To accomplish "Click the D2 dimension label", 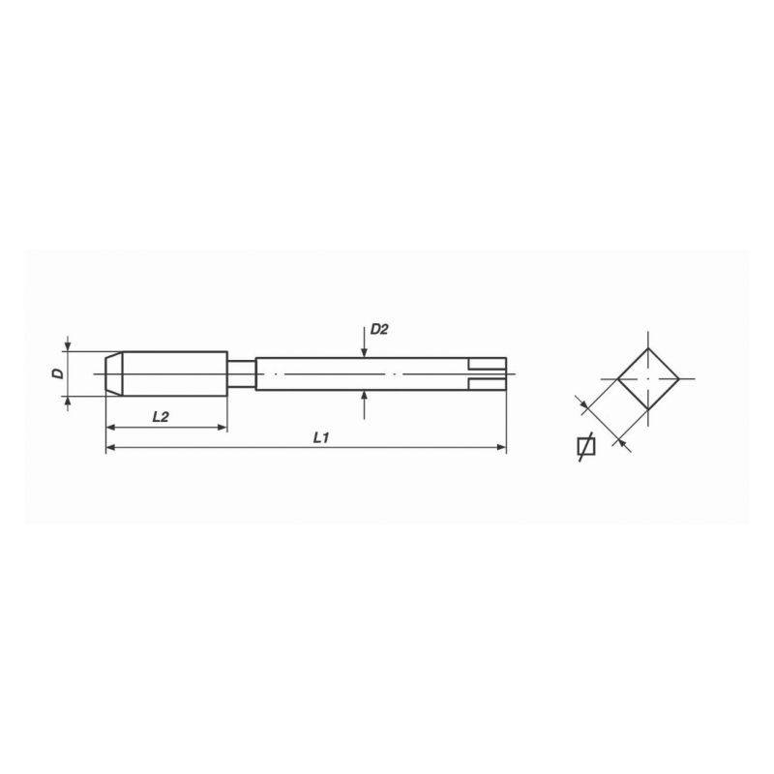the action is (x=379, y=329).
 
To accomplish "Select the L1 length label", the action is (x=321, y=437).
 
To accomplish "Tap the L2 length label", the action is (x=161, y=417).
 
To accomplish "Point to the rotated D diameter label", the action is (x=59, y=373).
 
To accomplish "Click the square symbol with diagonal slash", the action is (x=586, y=446).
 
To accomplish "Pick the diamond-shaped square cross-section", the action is (x=648, y=379).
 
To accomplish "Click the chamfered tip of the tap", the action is (x=114, y=373).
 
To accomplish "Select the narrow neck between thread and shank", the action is (x=241, y=373).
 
